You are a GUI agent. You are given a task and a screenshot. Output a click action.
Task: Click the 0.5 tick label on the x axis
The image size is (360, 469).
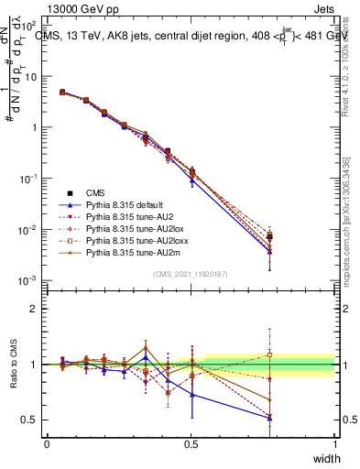coord(191,444)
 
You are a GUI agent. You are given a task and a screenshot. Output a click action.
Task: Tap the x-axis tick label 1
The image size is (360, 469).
coord(334,444)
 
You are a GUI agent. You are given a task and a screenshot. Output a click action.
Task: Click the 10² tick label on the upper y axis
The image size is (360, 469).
coord(29,26)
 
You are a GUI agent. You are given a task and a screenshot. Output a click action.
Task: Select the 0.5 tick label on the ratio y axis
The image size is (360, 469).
coord(29,420)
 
